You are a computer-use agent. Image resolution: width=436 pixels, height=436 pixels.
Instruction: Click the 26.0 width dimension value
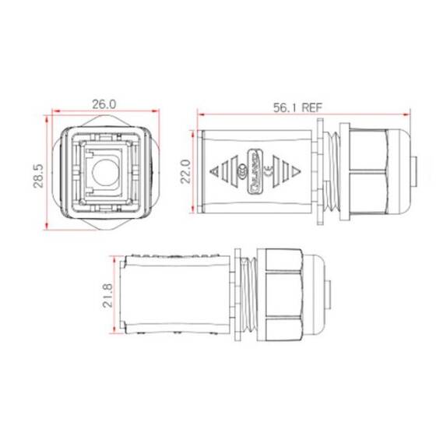104,103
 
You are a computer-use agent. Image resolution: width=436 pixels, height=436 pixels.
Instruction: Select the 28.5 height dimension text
37,171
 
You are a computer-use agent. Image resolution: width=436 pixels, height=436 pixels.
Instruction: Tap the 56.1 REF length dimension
300,110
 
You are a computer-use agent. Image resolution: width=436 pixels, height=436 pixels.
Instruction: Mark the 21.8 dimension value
107,295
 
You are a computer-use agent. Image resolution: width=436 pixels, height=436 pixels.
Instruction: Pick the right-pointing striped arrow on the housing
290,172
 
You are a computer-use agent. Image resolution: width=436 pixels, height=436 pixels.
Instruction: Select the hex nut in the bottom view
282,295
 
